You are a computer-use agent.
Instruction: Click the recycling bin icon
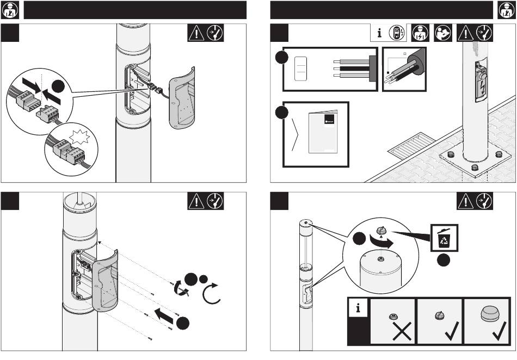coord(444,238)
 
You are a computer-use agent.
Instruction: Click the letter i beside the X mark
coord(358,308)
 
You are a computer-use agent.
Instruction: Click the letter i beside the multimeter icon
coord(379,33)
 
